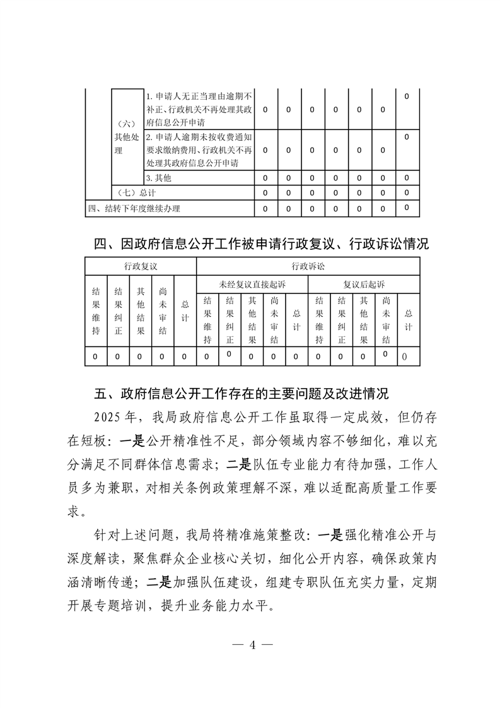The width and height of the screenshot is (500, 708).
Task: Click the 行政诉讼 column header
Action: [308, 268]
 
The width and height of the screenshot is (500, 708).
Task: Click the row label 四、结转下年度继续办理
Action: [138, 208]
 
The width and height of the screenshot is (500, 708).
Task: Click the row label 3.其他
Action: [158, 178]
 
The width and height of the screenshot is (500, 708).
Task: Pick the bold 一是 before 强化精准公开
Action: [329, 534]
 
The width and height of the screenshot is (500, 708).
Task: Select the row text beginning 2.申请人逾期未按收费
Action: [199, 150]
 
